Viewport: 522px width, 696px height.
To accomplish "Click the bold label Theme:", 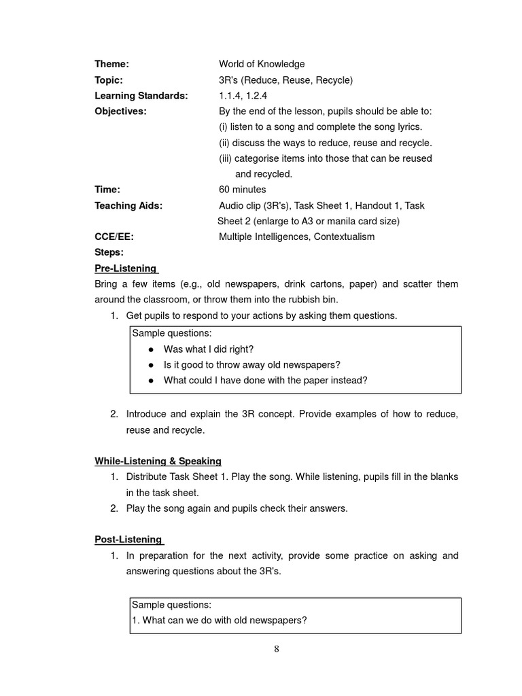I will (x=111, y=65).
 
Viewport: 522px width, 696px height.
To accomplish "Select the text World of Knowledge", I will (x=262, y=65).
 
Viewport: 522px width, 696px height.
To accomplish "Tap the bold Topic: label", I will (x=109, y=80).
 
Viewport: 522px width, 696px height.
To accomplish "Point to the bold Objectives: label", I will (x=120, y=111).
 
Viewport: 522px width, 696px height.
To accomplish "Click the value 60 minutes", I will (x=243, y=190).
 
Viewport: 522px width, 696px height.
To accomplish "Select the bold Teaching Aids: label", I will (x=128, y=205).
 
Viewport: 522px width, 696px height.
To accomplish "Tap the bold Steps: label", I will (x=109, y=252).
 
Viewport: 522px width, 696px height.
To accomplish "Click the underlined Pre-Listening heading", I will (x=125, y=268).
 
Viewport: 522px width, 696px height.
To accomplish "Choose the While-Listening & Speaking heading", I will (x=158, y=462).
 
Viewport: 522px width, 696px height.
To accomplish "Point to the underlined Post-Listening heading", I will (x=128, y=540).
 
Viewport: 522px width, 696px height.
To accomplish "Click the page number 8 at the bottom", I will (x=277, y=648).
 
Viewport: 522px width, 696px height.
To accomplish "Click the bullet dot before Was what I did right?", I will (x=150, y=349).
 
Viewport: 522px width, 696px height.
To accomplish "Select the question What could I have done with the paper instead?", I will (x=265, y=381).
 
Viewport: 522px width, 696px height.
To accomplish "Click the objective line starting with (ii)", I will (x=325, y=143).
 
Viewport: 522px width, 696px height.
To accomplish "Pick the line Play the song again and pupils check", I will (x=237, y=508).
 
